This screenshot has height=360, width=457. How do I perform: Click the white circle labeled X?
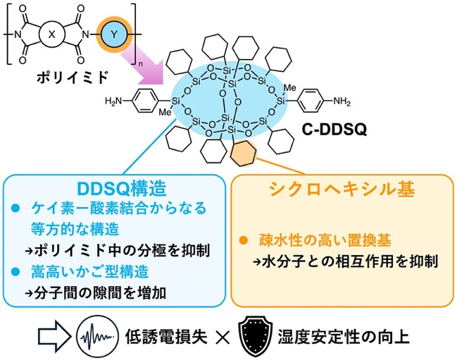pos(51,35)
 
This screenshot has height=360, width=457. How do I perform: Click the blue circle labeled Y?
pos(114,35)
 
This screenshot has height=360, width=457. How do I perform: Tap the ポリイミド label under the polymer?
pos(71,77)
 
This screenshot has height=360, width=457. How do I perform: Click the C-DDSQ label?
pos(334,130)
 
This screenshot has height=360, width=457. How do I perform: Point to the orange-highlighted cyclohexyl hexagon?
pos(243,154)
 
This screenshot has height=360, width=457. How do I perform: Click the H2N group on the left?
pos(113,101)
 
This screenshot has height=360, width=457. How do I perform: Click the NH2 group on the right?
pos(342,101)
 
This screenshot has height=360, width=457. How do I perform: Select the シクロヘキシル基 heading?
pos(342,189)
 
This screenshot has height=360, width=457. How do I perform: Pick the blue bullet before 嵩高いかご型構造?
pos(15,272)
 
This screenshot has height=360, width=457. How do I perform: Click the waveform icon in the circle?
pos(97,337)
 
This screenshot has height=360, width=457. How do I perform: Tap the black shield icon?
pos(256,336)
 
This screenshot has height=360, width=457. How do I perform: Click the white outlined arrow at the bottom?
pos(54,337)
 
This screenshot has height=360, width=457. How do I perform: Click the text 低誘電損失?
pos(166,337)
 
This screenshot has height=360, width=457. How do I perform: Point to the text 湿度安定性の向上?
pos(344,337)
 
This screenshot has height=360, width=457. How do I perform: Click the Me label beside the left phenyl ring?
pos(165,112)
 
